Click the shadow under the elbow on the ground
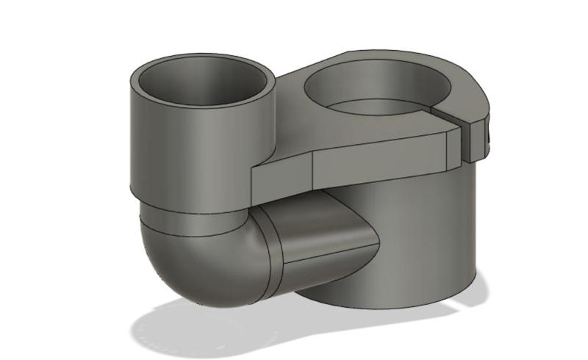(x=206, y=323)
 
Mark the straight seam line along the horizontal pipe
(x=323, y=261)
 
